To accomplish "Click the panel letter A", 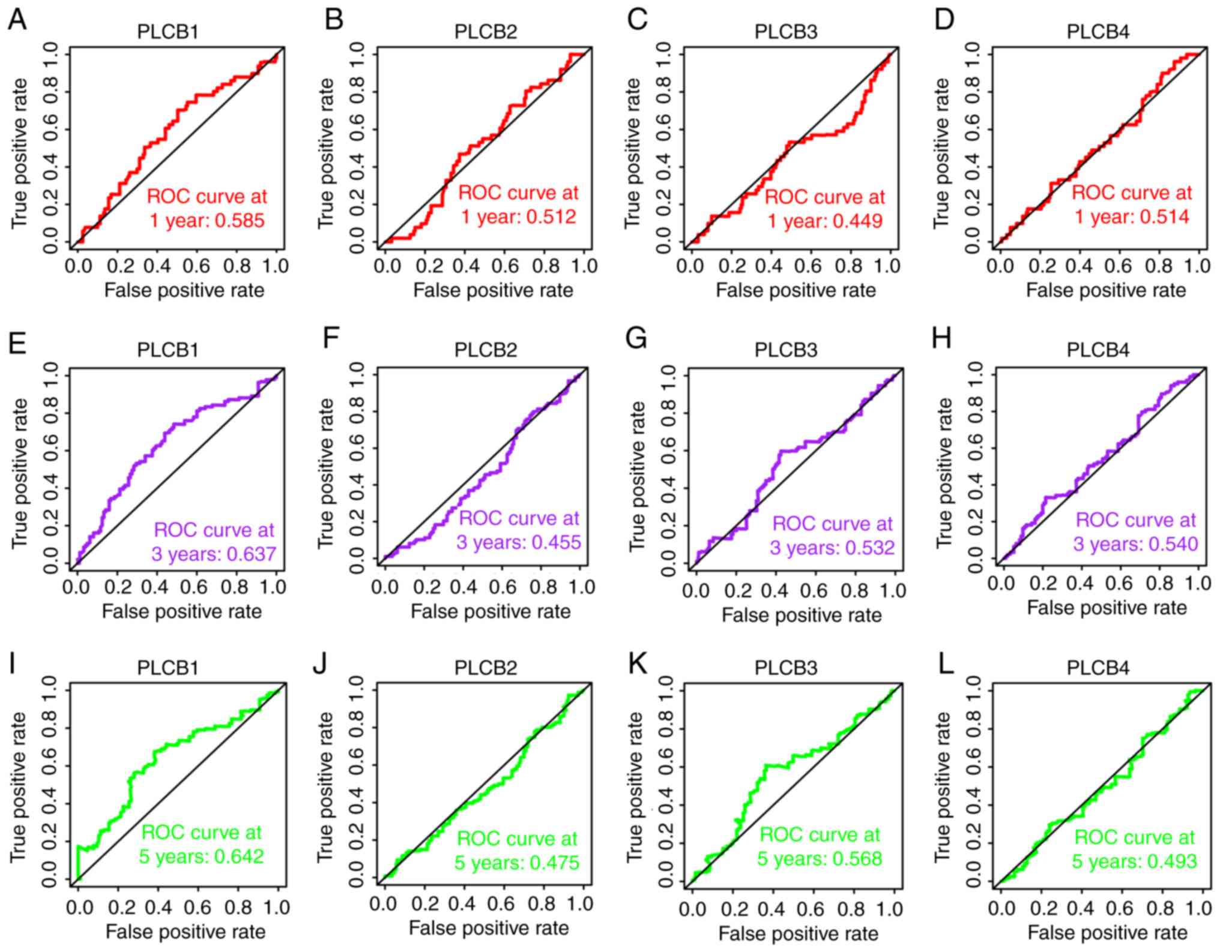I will (17, 20).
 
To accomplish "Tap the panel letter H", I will (941, 338).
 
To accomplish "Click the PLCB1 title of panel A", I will (168, 31).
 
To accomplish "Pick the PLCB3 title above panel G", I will (786, 349).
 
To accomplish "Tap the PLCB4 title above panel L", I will (1098, 667).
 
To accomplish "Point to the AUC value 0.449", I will (858, 221).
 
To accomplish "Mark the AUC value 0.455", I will (556, 542).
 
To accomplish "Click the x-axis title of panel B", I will (493, 290).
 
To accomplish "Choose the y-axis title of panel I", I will (19, 787).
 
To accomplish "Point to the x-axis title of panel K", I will (798, 933).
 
